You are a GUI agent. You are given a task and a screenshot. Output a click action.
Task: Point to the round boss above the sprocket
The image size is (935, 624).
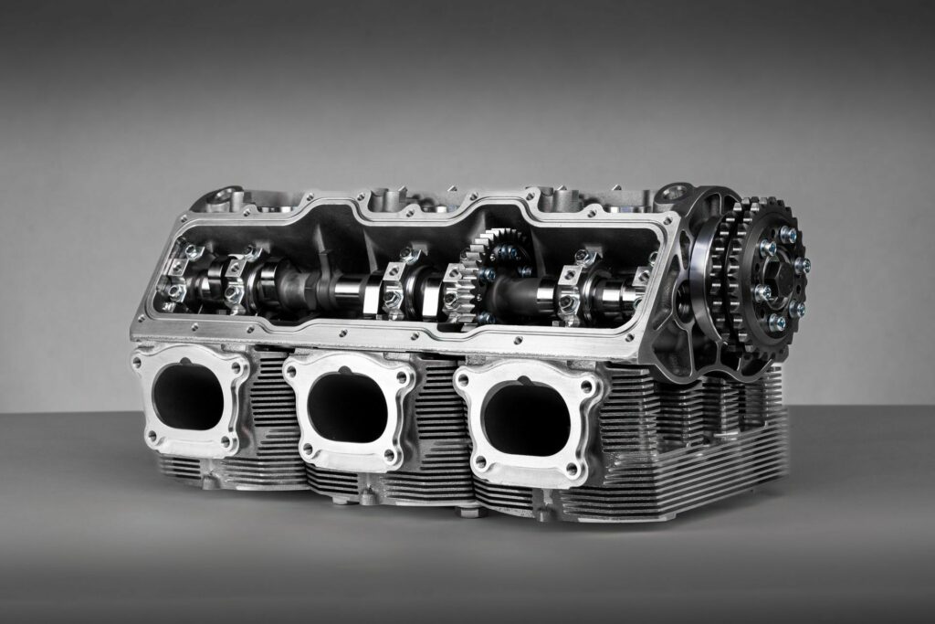tap(674, 193)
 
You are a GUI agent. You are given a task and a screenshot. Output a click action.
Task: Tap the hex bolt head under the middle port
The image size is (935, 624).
tap(368, 499)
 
